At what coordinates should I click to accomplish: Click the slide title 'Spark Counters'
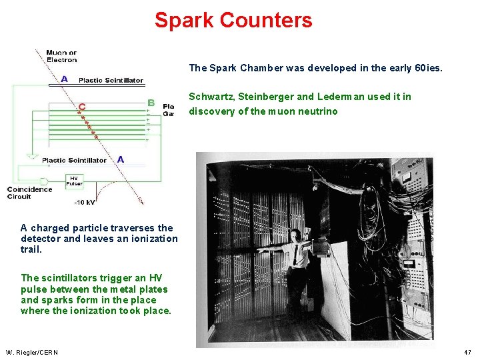pos(233,20)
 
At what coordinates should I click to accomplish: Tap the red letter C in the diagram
pos(81,106)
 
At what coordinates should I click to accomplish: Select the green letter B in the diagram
pos(151,103)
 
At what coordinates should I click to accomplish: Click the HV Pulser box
pos(75,181)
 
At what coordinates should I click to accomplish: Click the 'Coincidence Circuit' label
pos(29,193)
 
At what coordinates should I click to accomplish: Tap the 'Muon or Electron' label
pos(61,56)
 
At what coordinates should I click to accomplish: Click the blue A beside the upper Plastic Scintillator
pos(64,79)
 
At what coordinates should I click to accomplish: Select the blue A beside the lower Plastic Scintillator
pos(120,159)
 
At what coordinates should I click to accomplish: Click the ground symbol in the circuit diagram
pos(31,157)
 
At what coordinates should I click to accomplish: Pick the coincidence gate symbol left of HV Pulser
pos(45,181)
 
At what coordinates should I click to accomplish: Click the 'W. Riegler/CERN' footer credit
pos(31,352)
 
